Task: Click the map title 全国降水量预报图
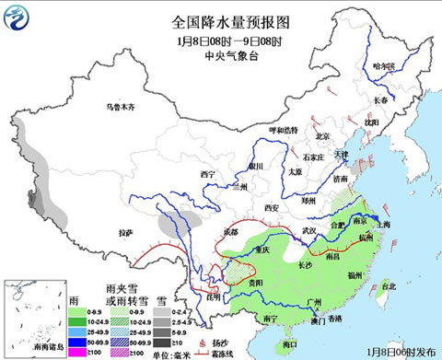coord(220,21)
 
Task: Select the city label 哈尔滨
coord(384,66)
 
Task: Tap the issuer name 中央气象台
coord(220,54)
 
